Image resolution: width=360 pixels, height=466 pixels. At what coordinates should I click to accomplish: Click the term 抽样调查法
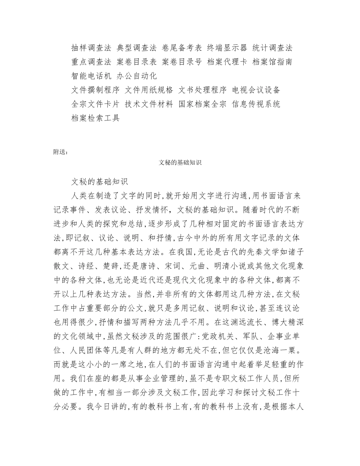point(91,48)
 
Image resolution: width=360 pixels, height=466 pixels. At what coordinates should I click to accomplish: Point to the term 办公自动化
point(137,76)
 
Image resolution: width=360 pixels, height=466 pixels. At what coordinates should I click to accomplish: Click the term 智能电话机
point(91,76)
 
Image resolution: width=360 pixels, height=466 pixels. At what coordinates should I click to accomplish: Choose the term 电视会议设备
point(256,90)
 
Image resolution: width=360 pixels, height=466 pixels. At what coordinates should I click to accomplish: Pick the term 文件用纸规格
point(149,90)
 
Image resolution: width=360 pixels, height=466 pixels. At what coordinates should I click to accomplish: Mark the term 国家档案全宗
point(203,104)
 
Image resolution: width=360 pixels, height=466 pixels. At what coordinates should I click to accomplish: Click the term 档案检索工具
point(95,118)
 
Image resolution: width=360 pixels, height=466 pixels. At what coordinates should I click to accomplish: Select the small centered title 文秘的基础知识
point(180,163)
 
